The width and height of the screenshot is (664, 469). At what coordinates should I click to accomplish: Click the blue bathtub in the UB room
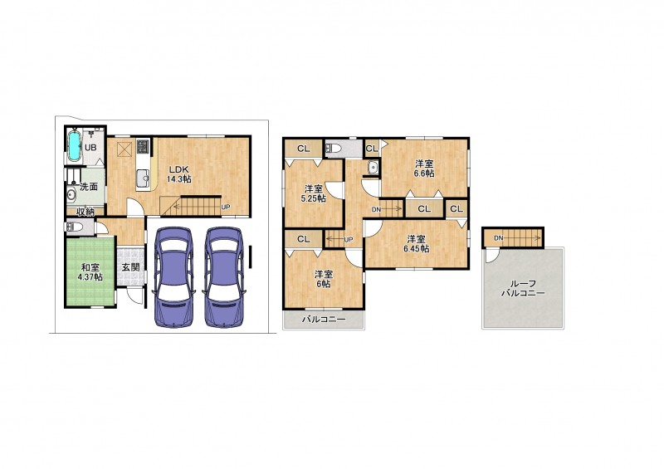(74, 146)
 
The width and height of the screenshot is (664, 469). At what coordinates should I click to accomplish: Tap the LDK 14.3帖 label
(178, 173)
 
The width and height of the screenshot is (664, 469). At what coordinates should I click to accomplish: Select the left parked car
(173, 277)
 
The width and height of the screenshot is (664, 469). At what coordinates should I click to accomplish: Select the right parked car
(223, 277)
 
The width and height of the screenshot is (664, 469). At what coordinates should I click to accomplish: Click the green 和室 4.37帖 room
(90, 271)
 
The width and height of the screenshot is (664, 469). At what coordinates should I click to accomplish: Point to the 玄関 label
(131, 267)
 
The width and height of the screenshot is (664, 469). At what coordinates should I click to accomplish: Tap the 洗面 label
(89, 187)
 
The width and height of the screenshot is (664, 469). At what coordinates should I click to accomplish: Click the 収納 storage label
(85, 212)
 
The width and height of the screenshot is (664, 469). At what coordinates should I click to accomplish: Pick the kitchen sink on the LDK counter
(142, 178)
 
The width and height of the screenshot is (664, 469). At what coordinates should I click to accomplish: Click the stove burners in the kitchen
(142, 147)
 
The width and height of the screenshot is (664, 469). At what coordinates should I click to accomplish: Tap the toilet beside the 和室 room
(74, 227)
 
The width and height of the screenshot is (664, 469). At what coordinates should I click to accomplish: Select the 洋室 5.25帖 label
(315, 193)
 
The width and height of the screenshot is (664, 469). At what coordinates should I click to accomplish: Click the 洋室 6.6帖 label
(424, 168)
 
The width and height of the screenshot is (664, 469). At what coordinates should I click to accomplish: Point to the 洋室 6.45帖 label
(417, 243)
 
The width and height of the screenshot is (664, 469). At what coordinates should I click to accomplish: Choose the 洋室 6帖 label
(323, 279)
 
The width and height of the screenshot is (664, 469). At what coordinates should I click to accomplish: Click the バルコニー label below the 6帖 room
(324, 320)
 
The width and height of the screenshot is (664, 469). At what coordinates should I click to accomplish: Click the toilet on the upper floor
(333, 149)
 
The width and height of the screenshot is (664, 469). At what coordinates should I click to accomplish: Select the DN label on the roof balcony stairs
(499, 238)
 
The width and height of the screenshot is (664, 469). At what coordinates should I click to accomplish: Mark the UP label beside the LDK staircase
(226, 208)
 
